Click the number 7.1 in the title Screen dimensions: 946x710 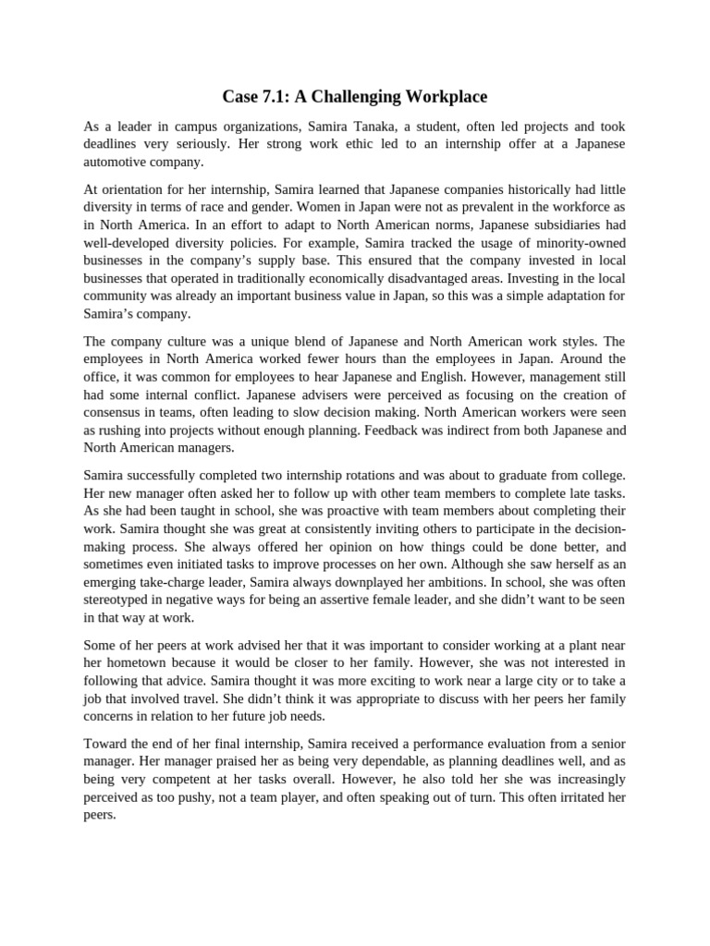point(279,96)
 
